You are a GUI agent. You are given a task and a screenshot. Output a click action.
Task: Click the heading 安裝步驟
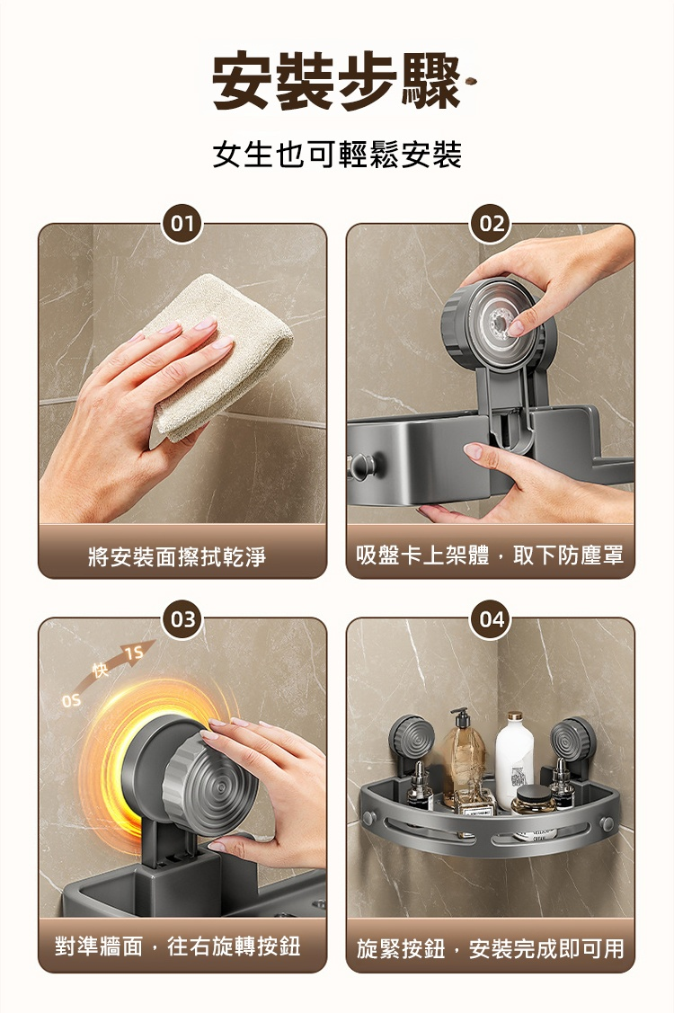[x=337, y=82]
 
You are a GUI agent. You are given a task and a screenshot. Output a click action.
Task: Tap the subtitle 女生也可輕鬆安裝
[x=337, y=155]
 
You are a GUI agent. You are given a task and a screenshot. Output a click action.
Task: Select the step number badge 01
[x=182, y=224]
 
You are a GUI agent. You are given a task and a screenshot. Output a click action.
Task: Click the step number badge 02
[x=492, y=224]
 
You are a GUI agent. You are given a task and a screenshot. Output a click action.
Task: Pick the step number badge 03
[x=182, y=619]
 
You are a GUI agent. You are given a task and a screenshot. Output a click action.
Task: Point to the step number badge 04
[x=492, y=619]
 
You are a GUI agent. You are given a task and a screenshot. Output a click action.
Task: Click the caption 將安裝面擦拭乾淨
[x=177, y=555]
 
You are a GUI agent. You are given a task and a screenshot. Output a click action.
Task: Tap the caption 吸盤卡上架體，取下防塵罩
[x=491, y=555]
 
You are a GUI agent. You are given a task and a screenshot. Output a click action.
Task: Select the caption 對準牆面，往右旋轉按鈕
[x=178, y=946]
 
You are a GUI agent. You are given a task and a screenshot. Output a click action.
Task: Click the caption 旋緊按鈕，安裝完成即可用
[x=491, y=948]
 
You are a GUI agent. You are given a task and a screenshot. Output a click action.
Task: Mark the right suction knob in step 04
[x=572, y=739]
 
